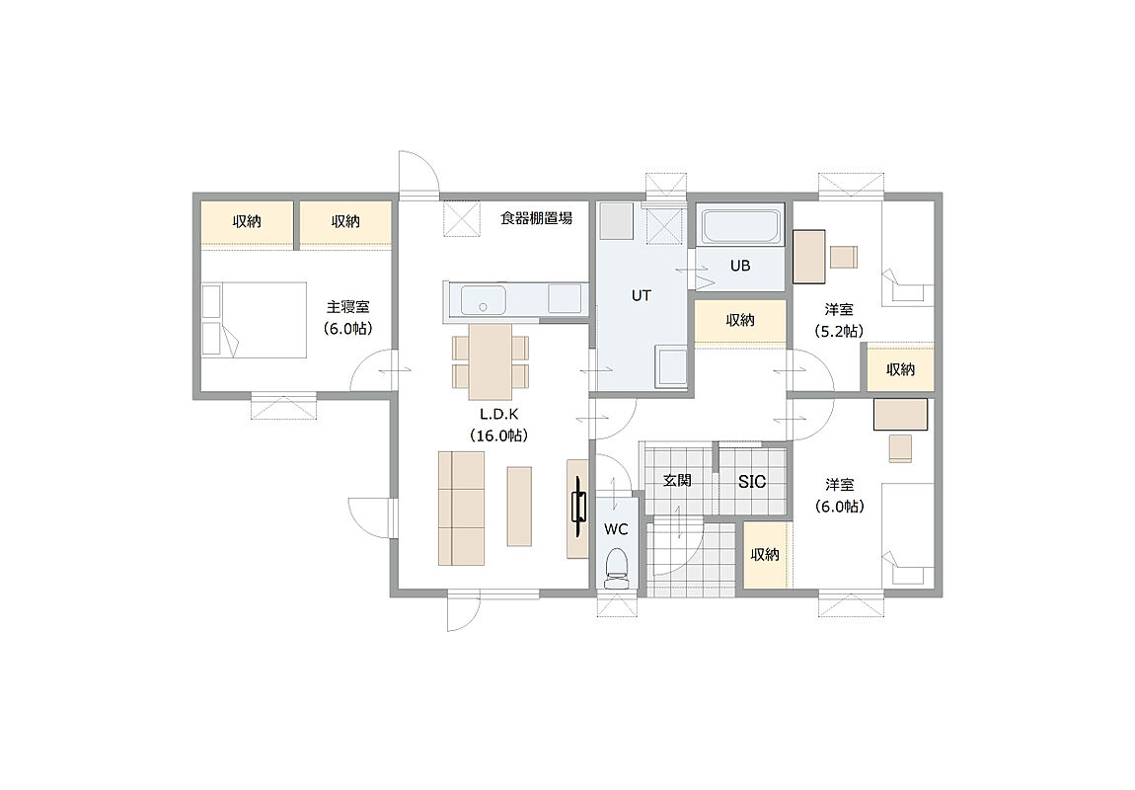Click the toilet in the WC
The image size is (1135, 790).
[x=617, y=568]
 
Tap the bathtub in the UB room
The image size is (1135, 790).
[x=740, y=227]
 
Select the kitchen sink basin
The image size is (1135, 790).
[x=483, y=300]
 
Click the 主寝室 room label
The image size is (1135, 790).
[x=348, y=307]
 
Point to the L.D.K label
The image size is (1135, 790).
[x=499, y=414]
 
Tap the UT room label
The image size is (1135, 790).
[x=641, y=295]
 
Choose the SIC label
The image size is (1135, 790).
[x=752, y=482]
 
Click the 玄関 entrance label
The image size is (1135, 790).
[x=677, y=480]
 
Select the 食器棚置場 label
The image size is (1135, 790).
[x=536, y=218]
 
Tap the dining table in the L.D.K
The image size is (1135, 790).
[x=491, y=361]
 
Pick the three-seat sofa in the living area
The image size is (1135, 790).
[x=461, y=509]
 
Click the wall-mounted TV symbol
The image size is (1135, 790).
[x=578, y=507]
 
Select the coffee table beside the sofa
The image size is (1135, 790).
[x=519, y=507]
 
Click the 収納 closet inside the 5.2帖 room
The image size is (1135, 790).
[x=900, y=369]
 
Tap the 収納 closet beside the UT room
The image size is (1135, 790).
[x=740, y=320]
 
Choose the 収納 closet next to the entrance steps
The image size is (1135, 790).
[x=765, y=555]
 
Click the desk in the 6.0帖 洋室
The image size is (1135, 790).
[x=900, y=414]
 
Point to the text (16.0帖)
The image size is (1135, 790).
[x=498, y=435]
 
